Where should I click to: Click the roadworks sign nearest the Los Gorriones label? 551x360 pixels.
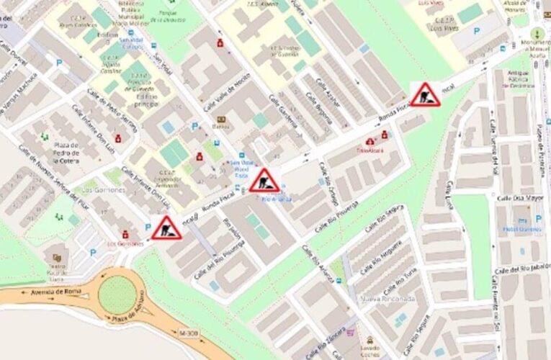click(x=166, y=228)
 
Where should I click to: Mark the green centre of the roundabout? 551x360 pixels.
click(x=117, y=294)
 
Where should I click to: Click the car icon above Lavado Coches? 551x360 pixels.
click(x=370, y=339)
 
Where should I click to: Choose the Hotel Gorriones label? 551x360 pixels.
click(x=522, y=228)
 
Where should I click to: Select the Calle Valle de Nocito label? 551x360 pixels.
click(x=227, y=92)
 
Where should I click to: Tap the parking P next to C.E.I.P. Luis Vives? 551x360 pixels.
click(x=476, y=31)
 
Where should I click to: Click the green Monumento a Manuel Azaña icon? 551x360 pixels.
click(x=536, y=34)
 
